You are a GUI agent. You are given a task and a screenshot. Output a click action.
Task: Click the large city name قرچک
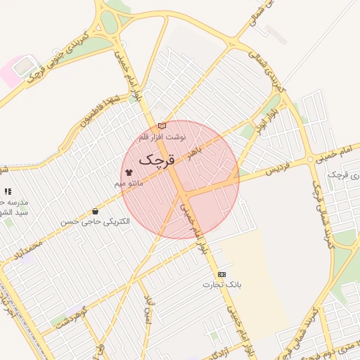pos(155,160)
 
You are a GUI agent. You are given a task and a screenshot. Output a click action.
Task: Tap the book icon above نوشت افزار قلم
pos(162,126)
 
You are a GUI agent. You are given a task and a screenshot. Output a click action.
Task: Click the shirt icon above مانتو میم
pos(129,172)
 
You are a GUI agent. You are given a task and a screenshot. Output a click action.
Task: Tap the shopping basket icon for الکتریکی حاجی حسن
pos(95,212)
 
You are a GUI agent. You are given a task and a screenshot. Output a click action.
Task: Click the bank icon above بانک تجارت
pos(222,274)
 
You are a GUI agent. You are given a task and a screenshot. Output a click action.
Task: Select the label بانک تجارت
pos(222,285)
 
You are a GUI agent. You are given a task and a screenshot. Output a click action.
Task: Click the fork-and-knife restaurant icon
pos(8,191)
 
